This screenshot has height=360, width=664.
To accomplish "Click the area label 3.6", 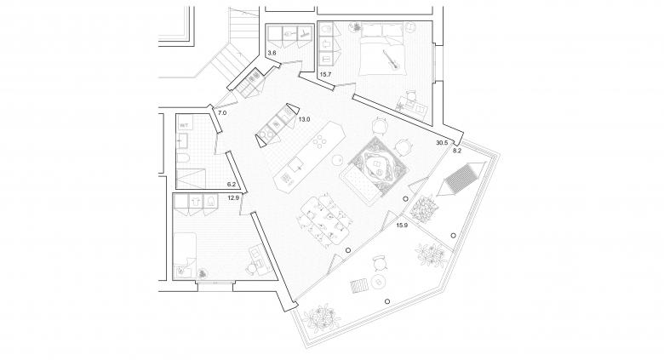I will point(271,54).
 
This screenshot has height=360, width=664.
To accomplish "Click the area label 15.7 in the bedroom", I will point(325,75).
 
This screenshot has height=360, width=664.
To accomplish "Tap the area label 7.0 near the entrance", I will point(221,112).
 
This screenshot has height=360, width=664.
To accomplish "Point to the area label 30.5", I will point(440,142).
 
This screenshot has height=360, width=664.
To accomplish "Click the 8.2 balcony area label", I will point(456,150).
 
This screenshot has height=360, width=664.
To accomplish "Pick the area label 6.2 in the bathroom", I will point(231,184).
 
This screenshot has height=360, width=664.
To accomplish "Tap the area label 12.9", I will point(233,198).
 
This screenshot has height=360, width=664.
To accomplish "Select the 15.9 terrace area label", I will point(403,225).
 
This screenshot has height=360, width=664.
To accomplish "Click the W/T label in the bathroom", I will point(184,125).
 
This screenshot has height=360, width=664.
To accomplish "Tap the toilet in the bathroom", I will point(183,158).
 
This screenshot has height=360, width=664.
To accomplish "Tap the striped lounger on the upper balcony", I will point(461,177).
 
